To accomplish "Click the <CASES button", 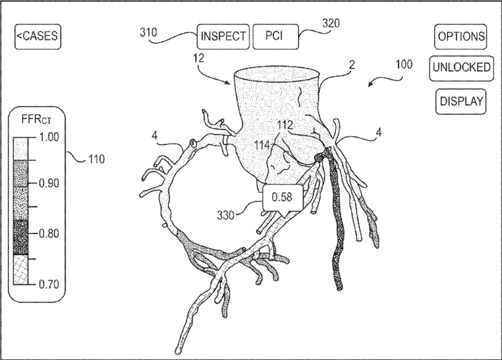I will (38, 37).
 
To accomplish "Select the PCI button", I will (276, 37).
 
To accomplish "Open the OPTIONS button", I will (462, 37).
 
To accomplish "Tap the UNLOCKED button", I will (462, 68).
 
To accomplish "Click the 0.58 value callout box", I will (281, 196).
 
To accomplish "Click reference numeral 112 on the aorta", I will (285, 125).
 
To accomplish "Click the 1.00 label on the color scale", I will (49, 136).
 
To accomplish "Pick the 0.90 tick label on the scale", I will (49, 183).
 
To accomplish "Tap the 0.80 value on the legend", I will (49, 233).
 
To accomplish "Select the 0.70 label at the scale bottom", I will (49, 284).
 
